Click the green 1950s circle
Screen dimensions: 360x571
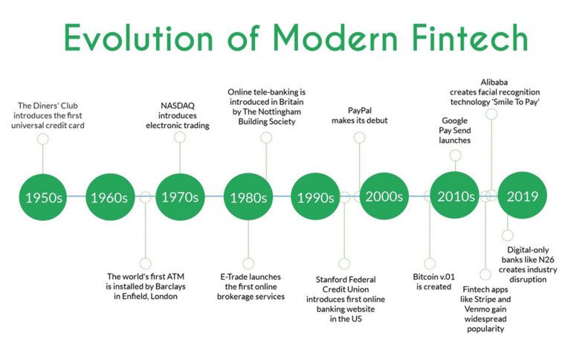(x=43, y=197)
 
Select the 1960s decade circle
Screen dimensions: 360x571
(x=110, y=197)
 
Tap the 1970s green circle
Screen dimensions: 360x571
(x=179, y=197)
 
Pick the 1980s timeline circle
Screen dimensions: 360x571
(x=248, y=197)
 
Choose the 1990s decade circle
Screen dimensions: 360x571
(x=314, y=197)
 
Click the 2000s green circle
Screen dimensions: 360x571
(x=384, y=197)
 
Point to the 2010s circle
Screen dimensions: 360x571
(x=455, y=197)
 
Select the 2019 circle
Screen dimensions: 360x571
(x=522, y=197)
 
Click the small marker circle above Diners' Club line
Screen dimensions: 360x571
(x=43, y=139)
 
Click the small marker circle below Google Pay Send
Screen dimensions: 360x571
(x=455, y=155)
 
